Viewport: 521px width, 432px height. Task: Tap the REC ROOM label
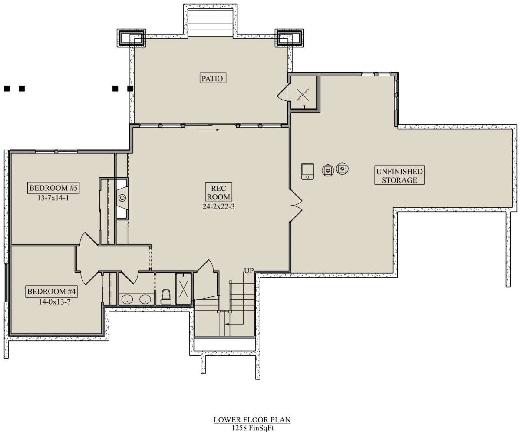218,192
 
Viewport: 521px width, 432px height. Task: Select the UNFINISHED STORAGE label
399,175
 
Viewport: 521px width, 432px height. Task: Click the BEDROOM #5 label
53,188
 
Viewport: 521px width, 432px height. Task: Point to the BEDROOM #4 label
51,291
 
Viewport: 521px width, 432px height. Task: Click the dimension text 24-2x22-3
218,206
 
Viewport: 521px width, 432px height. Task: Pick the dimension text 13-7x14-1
53,198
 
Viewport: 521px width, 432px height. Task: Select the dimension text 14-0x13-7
54,302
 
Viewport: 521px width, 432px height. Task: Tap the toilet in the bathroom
166,296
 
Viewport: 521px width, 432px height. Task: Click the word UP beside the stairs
249,271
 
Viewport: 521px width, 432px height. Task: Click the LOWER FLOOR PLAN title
252,419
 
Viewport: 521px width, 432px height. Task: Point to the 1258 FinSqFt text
253,428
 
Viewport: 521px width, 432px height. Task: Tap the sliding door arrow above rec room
208,130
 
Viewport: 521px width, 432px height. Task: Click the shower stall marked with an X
183,289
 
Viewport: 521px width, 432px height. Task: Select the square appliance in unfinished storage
307,171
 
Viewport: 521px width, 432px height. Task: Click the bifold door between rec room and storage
296,206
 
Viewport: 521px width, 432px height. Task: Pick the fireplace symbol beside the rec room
122,198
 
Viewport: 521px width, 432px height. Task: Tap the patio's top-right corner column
290,38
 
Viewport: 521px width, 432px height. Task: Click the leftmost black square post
7,89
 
